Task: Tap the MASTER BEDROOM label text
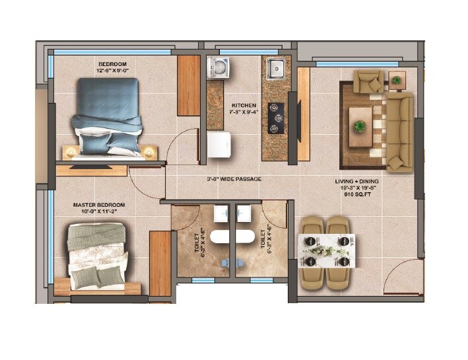point(98,205)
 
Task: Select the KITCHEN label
point(244,105)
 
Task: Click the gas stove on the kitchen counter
point(275,118)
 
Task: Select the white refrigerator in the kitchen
point(219,145)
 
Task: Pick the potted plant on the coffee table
point(360,126)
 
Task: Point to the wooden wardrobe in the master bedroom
point(160,255)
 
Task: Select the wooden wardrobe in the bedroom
point(189,85)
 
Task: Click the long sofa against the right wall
point(399,131)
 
